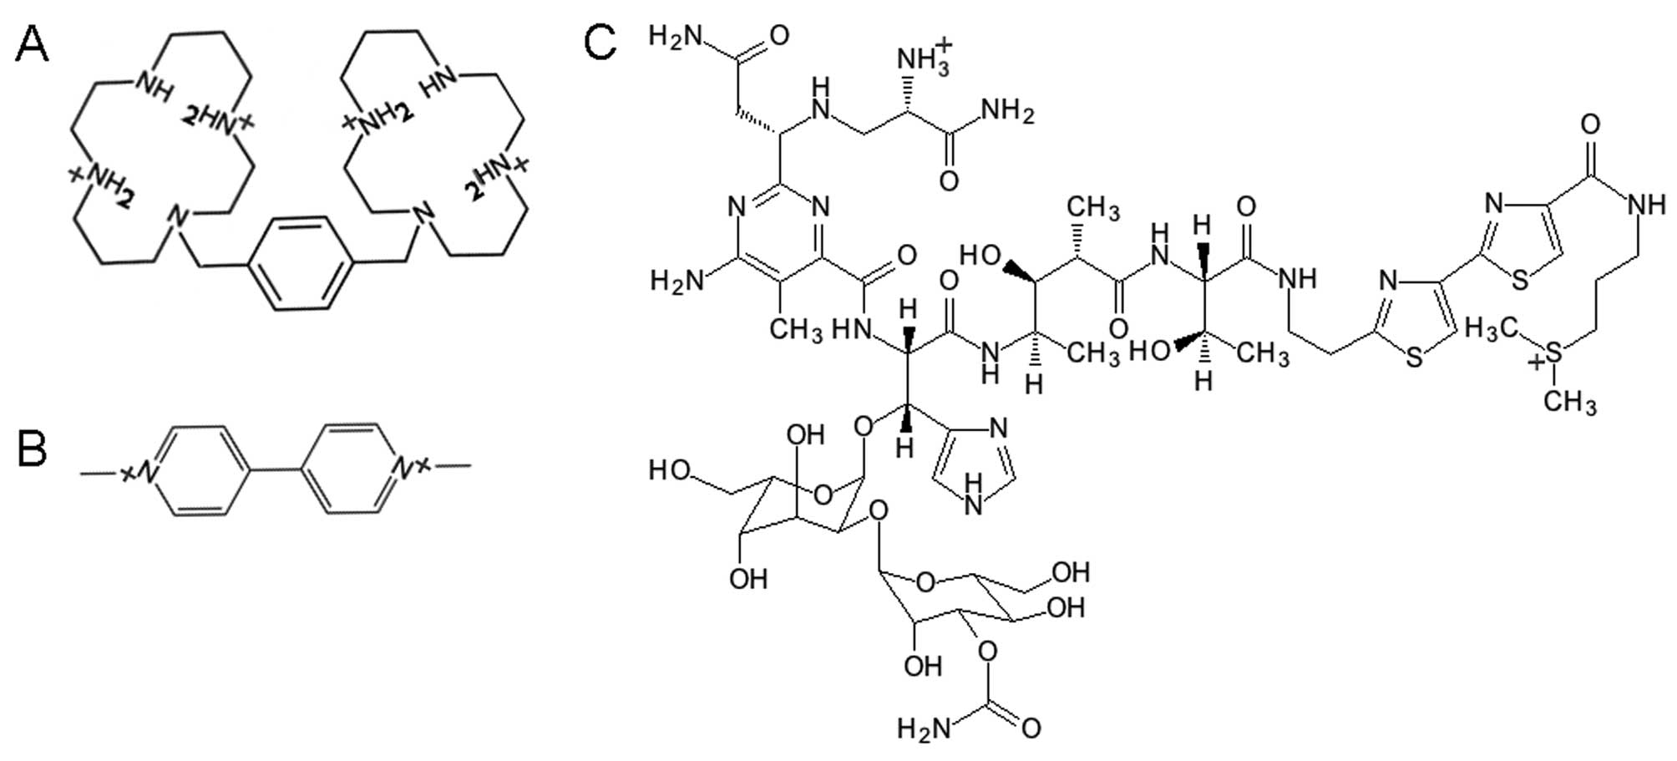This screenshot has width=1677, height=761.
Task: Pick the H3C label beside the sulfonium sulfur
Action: point(1490,330)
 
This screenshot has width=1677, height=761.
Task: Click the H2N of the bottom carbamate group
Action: point(923,728)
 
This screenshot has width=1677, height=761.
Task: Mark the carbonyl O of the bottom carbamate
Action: point(1031,728)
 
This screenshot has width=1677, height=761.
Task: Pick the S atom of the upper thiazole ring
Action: point(1520,279)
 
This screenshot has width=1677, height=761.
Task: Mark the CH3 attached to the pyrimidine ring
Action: point(795,330)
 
